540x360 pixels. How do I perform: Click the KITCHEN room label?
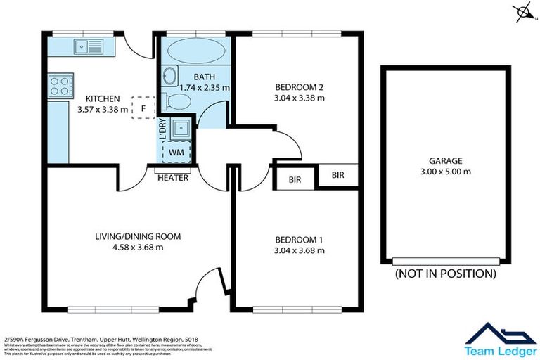[103, 98]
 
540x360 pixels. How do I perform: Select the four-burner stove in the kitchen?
[60, 86]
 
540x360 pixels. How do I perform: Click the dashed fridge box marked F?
[143, 108]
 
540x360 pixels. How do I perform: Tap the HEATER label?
[173, 178]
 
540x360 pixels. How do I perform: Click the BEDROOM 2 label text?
[300, 87]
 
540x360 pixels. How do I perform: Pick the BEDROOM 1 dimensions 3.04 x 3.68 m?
[300, 250]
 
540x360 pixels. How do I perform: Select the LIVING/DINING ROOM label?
[138, 236]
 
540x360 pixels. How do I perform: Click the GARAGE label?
[446, 160]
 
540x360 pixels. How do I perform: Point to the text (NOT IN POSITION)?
[445, 274]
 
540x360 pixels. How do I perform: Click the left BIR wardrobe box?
[295, 180]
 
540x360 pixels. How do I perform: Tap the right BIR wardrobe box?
[338, 174]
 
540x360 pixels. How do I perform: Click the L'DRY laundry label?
[162, 131]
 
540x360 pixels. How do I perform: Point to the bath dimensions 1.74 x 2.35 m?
[205, 88]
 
